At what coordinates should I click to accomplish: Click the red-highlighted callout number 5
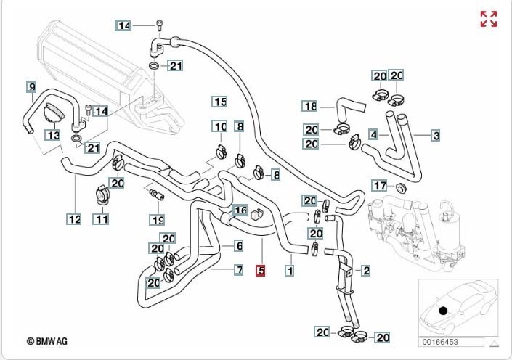pyautogui.click(x=261, y=271)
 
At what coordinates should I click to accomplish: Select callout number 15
pyautogui.click(x=220, y=101)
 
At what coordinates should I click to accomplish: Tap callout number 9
pyautogui.click(x=31, y=88)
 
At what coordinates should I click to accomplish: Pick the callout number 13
pyautogui.click(x=52, y=136)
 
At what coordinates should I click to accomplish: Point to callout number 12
pyautogui.click(x=73, y=218)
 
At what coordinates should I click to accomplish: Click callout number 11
pyautogui.click(x=102, y=218)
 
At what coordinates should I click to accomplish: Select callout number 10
pyautogui.click(x=220, y=127)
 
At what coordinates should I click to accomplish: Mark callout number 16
pyautogui.click(x=240, y=211)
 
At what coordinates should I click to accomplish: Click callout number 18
pyautogui.click(x=310, y=107)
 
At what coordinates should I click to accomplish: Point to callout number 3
pyautogui.click(x=436, y=135)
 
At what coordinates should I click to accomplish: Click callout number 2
pyautogui.click(x=366, y=271)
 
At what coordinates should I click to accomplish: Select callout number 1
pyautogui.click(x=289, y=271)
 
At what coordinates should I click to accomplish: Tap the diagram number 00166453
pyautogui.click(x=441, y=342)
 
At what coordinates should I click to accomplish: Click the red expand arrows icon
pyautogui.click(x=489, y=19)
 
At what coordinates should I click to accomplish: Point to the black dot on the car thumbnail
pyautogui.click(x=442, y=311)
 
